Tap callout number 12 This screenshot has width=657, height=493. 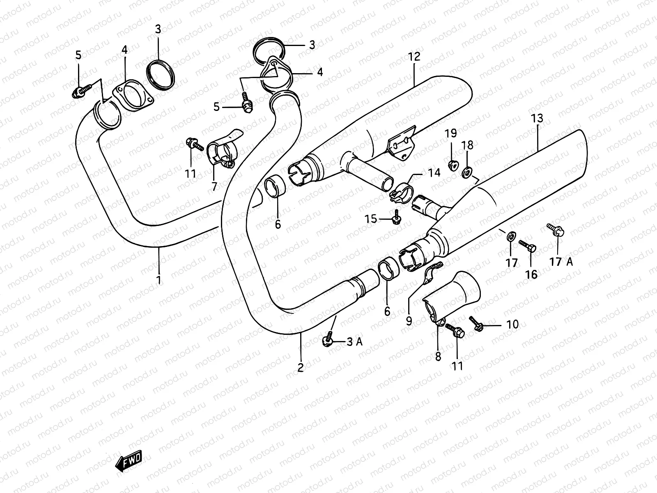click(x=414, y=57)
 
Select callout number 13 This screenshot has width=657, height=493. click(x=537, y=119)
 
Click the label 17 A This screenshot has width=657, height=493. click(x=561, y=262)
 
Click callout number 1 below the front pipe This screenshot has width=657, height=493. click(x=159, y=280)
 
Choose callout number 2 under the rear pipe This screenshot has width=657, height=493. click(x=301, y=367)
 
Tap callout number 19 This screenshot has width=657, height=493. click(x=451, y=133)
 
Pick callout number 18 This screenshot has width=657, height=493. click(x=467, y=145)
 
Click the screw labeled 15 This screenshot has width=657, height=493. click(x=396, y=219)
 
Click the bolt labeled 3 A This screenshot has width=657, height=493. click(x=328, y=340)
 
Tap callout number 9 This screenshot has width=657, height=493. click(x=409, y=320)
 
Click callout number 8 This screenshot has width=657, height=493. click(x=438, y=356)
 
